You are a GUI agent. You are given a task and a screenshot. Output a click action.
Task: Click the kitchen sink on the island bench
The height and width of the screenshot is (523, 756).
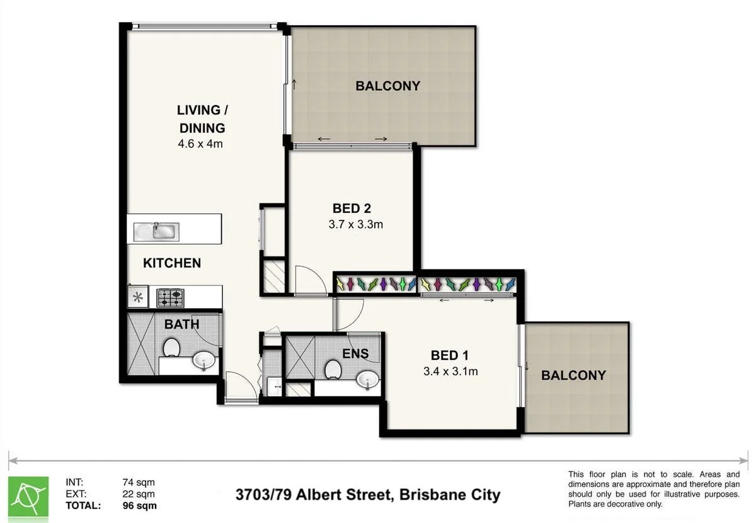[x=156, y=230]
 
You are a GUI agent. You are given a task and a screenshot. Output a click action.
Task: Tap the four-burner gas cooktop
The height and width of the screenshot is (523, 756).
[x=170, y=297]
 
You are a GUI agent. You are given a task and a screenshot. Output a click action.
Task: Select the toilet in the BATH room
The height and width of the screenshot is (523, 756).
[x=171, y=347]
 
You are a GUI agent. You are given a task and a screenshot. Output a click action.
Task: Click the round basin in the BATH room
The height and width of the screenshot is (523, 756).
[x=204, y=360]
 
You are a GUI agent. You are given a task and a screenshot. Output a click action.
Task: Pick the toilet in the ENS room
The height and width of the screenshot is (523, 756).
[x=333, y=369]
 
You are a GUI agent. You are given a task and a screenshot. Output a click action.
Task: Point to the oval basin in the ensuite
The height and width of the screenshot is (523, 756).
[x=367, y=379]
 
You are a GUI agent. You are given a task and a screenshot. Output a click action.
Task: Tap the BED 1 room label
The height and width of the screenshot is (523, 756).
[x=450, y=355]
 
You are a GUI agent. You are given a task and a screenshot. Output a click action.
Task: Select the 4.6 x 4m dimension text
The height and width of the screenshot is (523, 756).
[x=201, y=144]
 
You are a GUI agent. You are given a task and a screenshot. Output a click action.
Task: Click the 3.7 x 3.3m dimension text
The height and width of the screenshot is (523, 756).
[x=356, y=224]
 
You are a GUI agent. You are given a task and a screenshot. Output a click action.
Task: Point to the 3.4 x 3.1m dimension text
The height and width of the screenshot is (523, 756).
[x=450, y=371]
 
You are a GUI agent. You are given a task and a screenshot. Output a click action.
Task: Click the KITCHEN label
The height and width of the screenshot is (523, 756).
[x=172, y=263]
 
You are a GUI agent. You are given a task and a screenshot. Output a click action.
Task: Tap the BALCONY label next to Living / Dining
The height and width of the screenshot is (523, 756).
[x=387, y=86]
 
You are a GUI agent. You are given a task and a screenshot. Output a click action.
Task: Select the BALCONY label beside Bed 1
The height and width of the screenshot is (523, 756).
[x=573, y=376]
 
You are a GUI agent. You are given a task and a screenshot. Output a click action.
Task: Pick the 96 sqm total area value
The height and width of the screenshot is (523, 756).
[x=140, y=505]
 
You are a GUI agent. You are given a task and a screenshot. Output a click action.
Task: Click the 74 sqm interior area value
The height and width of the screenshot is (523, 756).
[x=139, y=483]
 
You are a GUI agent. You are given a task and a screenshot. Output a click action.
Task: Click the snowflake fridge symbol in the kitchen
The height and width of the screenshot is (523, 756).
[x=138, y=296]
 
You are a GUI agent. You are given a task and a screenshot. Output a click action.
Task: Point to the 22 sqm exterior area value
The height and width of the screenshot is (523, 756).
[x=139, y=494]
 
